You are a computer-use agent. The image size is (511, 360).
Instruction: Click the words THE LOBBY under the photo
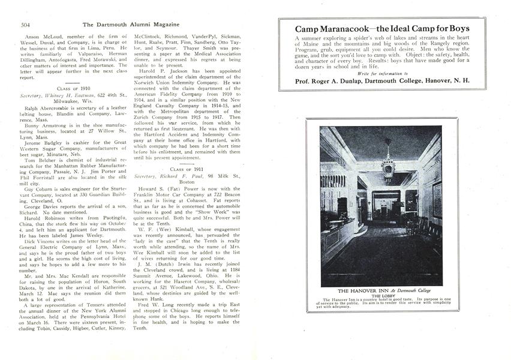point(382,296)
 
